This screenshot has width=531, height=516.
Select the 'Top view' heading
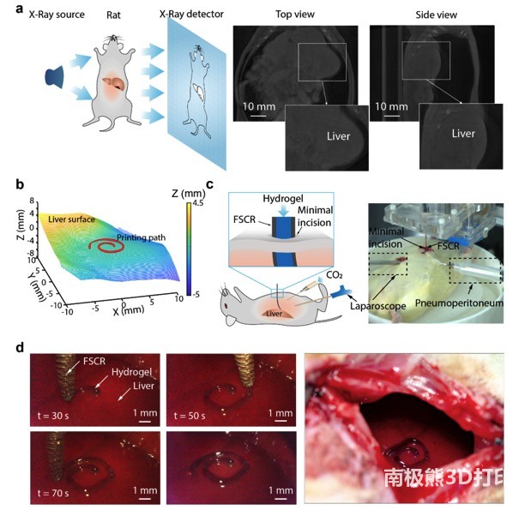(290, 15)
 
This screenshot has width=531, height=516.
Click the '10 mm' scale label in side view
(390, 108)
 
